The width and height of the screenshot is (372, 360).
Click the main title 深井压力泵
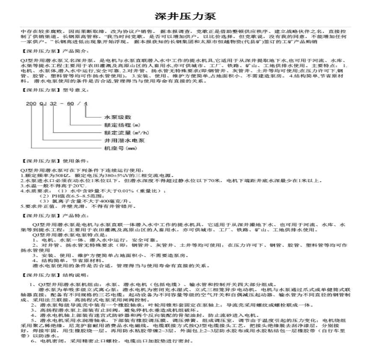186,17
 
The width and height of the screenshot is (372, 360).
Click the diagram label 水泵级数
118,117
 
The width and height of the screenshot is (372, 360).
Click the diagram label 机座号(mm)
120,148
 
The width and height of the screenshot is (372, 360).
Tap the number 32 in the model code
53,104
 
